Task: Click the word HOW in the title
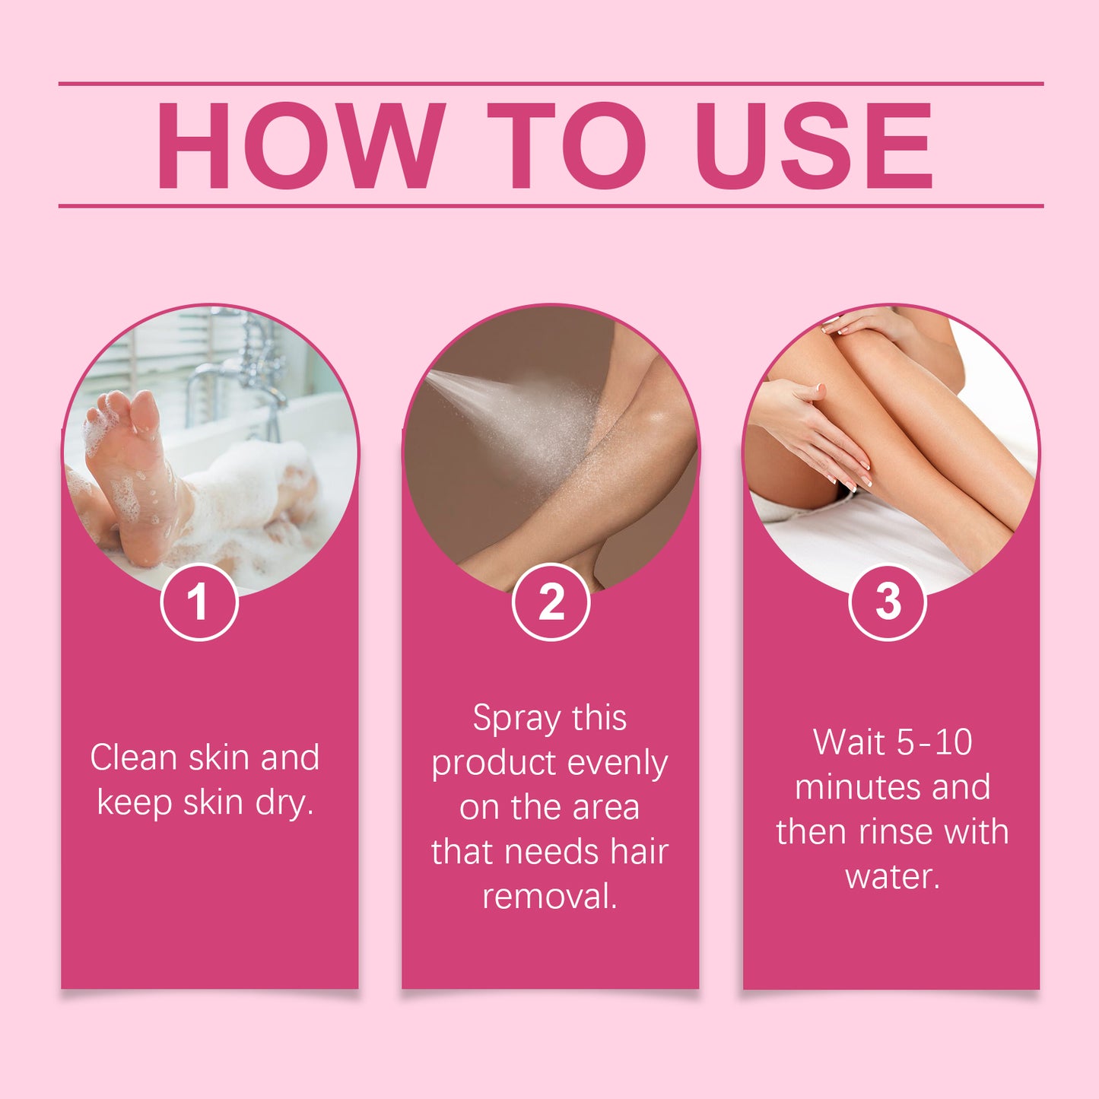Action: [x=300, y=145]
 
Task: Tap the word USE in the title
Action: [x=814, y=145]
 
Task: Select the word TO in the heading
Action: [x=567, y=145]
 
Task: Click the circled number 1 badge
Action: [x=199, y=602]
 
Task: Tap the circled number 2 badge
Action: [x=551, y=602]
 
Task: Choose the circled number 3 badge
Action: [x=887, y=602]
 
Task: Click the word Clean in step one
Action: [x=134, y=758]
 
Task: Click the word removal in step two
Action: [x=549, y=896]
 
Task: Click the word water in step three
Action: [x=892, y=877]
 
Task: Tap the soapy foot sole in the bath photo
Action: [x=129, y=472]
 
